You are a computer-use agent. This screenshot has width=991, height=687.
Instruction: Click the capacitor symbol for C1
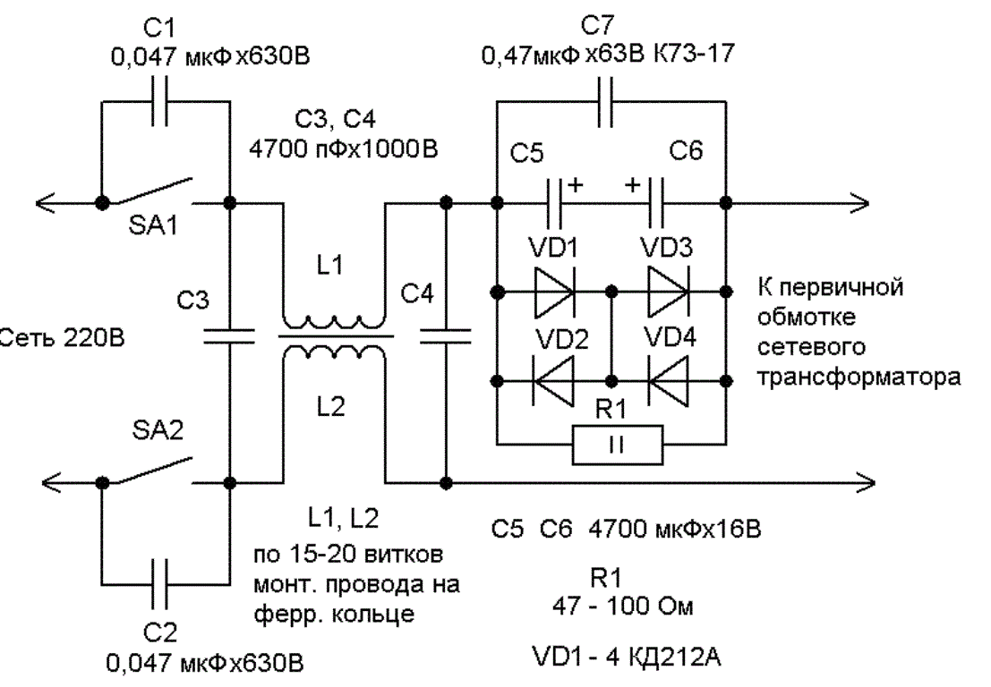click(x=160, y=101)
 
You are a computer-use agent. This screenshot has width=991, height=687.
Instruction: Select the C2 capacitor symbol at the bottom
click(x=160, y=583)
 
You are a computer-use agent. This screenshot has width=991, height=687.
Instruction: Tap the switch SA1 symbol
click(x=147, y=192)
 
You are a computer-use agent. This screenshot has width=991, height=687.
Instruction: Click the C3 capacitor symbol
click(x=229, y=336)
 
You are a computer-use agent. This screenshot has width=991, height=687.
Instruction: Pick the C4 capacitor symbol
click(x=446, y=336)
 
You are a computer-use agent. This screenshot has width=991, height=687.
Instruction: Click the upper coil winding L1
click(x=332, y=321)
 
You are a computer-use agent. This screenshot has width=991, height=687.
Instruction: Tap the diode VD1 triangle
click(x=554, y=291)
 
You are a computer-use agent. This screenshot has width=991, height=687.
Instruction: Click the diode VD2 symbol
click(x=554, y=381)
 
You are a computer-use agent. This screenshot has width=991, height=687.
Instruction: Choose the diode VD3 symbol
click(x=668, y=291)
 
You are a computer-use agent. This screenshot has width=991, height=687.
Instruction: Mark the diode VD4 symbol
click(x=668, y=381)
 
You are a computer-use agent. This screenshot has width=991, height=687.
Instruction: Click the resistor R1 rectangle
click(x=618, y=445)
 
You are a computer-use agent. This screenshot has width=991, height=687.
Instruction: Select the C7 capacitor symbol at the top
click(x=605, y=102)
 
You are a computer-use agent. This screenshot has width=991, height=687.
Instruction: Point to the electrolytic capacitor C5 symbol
click(x=554, y=203)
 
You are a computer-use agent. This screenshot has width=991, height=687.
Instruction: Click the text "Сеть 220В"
click(x=62, y=338)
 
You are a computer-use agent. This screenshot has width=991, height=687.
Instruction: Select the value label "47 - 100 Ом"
click(x=623, y=606)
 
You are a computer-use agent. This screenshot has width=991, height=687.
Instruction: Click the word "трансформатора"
click(x=859, y=377)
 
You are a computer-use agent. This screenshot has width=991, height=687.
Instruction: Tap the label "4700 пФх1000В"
click(x=343, y=149)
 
